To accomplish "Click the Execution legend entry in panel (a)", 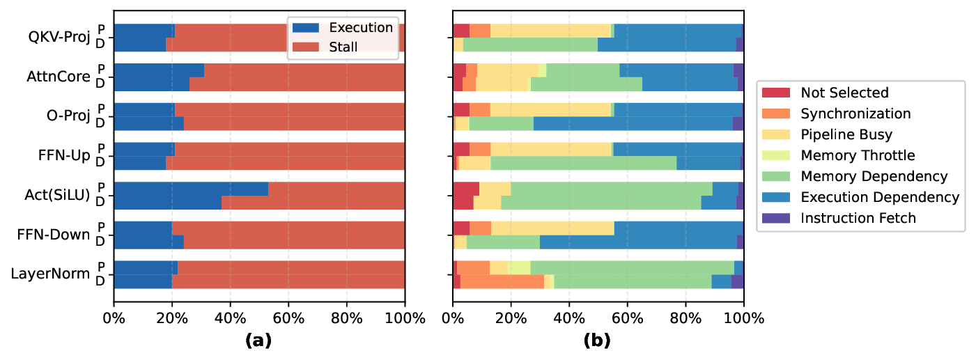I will pos(361,28).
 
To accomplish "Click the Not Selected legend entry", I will pos(844,93).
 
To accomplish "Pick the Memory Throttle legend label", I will pos(858,155).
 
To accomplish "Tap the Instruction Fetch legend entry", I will pos(858,218).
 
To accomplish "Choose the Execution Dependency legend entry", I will pos(880,197).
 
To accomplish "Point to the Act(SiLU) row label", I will pos(56,195).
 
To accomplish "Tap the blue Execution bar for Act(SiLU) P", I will pos(191,189).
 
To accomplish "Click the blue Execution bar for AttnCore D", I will pos(151,84).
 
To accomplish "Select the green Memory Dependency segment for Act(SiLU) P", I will pos(612,189).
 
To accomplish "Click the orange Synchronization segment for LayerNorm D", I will pos(502,281).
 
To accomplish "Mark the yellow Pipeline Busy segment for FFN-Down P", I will pos(552,228).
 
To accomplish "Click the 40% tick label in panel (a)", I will pos(230,319).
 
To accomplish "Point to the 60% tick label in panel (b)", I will pos(627,319).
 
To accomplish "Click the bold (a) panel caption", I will pos(258,341).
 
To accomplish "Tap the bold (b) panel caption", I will pos(598,341).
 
